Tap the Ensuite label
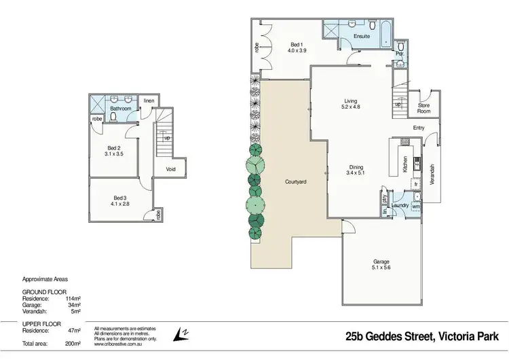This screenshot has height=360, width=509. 361,36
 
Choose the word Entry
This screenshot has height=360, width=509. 419,128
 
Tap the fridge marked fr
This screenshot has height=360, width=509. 415,184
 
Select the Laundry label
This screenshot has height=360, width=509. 399,205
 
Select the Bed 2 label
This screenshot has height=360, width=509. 113,148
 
